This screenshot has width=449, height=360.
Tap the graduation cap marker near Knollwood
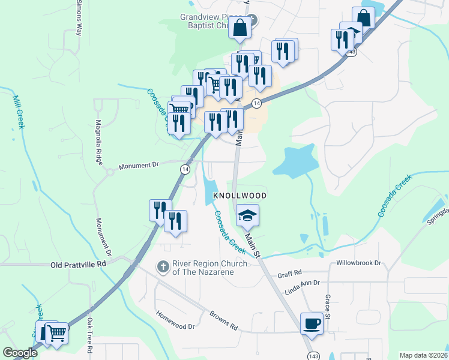[x=247, y=215]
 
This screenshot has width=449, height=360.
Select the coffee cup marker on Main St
[x=311, y=323]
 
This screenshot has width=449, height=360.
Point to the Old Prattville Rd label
[x=77, y=263]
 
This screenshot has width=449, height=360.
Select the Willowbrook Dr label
[x=358, y=263]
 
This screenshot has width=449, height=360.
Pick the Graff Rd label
[x=289, y=274]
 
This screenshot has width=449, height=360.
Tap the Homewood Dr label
[x=176, y=320]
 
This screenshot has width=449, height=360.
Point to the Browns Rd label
[x=223, y=321]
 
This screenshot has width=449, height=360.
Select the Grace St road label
[x=328, y=305]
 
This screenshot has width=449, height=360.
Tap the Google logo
[x=20, y=352]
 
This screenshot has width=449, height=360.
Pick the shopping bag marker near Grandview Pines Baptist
[x=240, y=28]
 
